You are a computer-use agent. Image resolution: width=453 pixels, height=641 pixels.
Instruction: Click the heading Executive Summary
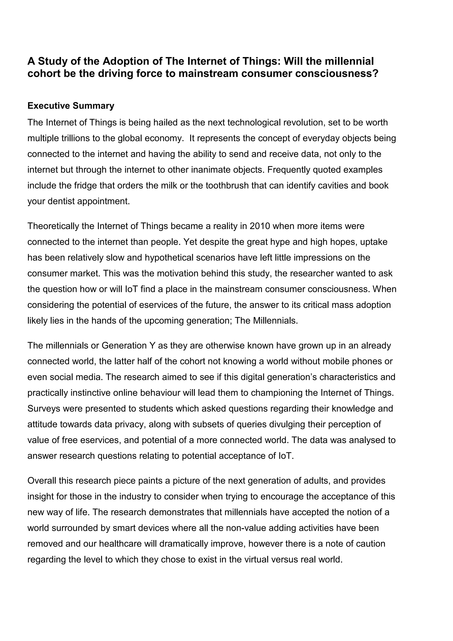point(71,106)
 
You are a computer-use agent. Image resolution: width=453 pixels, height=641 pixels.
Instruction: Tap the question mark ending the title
point(375,74)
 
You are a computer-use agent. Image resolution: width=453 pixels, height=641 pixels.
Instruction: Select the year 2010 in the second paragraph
point(260,226)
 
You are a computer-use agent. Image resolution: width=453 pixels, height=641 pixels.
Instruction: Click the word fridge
point(86,185)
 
